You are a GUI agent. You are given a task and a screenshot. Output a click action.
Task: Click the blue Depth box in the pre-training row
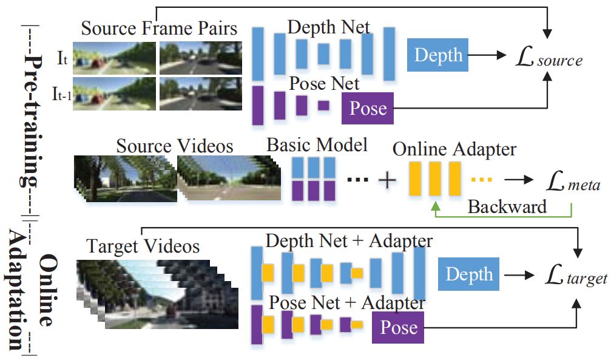(x=438, y=55)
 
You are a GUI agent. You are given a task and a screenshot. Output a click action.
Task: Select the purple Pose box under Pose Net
(x=368, y=108)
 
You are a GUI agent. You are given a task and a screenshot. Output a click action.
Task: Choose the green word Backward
(x=507, y=206)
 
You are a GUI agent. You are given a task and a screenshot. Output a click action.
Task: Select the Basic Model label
(x=317, y=146)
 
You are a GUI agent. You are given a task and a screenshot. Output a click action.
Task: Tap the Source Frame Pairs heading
(x=160, y=29)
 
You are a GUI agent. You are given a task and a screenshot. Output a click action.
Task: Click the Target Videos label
(x=143, y=246)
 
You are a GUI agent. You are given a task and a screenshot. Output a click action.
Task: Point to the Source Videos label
(x=175, y=146)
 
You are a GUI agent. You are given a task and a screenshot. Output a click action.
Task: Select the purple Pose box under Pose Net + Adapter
(x=398, y=328)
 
